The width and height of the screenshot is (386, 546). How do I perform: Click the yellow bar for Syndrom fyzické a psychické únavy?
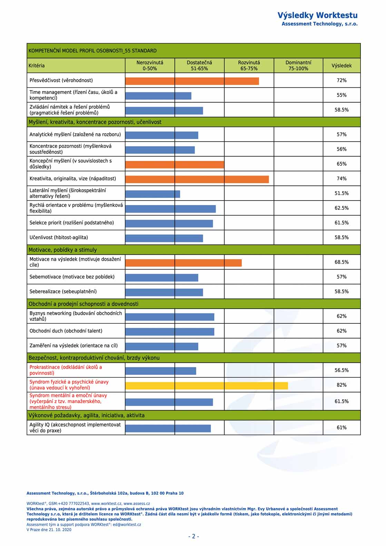(x=207, y=386)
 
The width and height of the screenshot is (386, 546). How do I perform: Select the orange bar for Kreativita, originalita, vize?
(x=197, y=179)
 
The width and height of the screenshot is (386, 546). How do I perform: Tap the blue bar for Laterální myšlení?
(x=153, y=194)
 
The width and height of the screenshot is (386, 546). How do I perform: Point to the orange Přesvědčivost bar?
(x=192, y=81)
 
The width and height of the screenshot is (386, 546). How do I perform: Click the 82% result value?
(x=342, y=385)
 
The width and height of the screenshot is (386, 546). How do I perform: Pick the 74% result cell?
(x=342, y=179)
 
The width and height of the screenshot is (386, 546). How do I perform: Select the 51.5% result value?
(x=342, y=193)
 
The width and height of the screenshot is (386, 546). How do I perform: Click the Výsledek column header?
(x=342, y=66)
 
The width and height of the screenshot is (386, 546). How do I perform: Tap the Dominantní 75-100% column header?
(x=298, y=66)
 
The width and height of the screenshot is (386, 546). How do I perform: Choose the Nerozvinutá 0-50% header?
(x=150, y=66)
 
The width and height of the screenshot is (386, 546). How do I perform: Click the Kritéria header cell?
(x=37, y=66)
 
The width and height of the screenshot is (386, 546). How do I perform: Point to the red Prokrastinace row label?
(x=66, y=370)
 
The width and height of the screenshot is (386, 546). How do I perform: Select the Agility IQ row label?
(x=75, y=428)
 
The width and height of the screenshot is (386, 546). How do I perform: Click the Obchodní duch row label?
(x=66, y=331)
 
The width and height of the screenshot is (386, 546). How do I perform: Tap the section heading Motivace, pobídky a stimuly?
(x=63, y=250)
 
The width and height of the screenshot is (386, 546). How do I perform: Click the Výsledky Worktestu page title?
(x=317, y=15)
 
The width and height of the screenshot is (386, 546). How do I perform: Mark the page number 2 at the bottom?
(x=194, y=536)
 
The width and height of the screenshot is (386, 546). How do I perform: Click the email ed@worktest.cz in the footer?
(x=127, y=525)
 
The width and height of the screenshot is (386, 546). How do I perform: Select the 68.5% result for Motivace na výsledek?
(x=342, y=262)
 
